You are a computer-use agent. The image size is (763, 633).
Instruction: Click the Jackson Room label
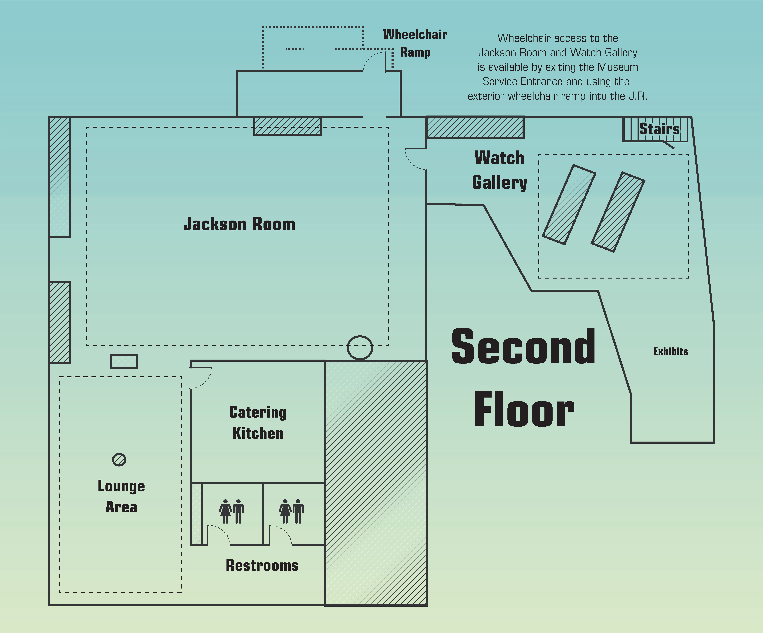coord(239,224)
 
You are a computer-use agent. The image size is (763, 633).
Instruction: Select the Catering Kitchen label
coord(258,423)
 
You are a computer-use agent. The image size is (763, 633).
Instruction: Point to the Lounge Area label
coord(121,496)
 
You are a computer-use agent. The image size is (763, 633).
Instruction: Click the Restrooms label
coord(262,565)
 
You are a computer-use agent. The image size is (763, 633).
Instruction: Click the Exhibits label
coord(670,351)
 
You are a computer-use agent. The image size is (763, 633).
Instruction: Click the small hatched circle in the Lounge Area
coord(119,460)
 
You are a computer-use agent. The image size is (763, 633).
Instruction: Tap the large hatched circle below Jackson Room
coord(360,348)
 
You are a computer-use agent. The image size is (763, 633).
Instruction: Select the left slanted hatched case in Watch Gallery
coord(569,205)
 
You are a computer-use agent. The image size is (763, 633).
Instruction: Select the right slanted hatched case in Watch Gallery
coord(618,212)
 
